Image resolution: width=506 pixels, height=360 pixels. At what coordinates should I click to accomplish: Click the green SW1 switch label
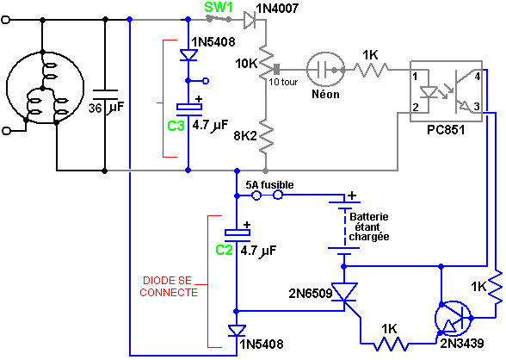coord(219,7)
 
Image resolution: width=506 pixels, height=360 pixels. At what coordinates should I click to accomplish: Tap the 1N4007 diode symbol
coord(250,20)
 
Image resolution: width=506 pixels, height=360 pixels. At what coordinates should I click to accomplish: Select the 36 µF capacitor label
coord(106,108)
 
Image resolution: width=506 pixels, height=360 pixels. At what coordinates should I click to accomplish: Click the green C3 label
coord(176,126)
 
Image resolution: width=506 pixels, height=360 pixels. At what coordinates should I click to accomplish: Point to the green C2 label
coord(224,250)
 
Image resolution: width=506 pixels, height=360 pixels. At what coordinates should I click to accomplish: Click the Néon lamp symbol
coord(325,70)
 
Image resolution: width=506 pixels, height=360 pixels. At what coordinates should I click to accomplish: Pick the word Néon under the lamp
coord(325,94)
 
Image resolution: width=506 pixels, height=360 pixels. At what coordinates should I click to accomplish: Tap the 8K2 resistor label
coord(245,136)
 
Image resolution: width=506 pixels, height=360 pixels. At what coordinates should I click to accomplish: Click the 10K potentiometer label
coord(246,64)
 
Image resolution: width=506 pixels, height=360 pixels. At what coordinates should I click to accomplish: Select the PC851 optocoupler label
coord(446,130)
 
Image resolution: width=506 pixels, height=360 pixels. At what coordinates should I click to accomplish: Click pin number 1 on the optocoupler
coord(415,77)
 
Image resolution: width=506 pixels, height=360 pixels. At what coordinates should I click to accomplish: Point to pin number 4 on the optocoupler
coord(478,77)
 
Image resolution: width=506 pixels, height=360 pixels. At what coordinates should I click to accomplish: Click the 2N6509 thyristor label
coord(311,293)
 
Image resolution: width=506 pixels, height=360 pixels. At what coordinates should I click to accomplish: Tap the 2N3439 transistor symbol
coord(453,319)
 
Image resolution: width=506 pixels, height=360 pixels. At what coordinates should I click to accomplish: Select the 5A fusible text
coord(270,185)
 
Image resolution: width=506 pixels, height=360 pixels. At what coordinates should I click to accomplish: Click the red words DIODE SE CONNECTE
coord(168,287)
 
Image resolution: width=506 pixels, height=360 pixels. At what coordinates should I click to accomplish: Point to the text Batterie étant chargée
coord(369,227)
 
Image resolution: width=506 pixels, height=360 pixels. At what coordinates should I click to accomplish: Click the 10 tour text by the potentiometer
coord(283,82)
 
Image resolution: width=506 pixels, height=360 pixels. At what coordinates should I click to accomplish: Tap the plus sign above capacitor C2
coord(247,225)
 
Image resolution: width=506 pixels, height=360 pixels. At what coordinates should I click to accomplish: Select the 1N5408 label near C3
coord(213,41)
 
